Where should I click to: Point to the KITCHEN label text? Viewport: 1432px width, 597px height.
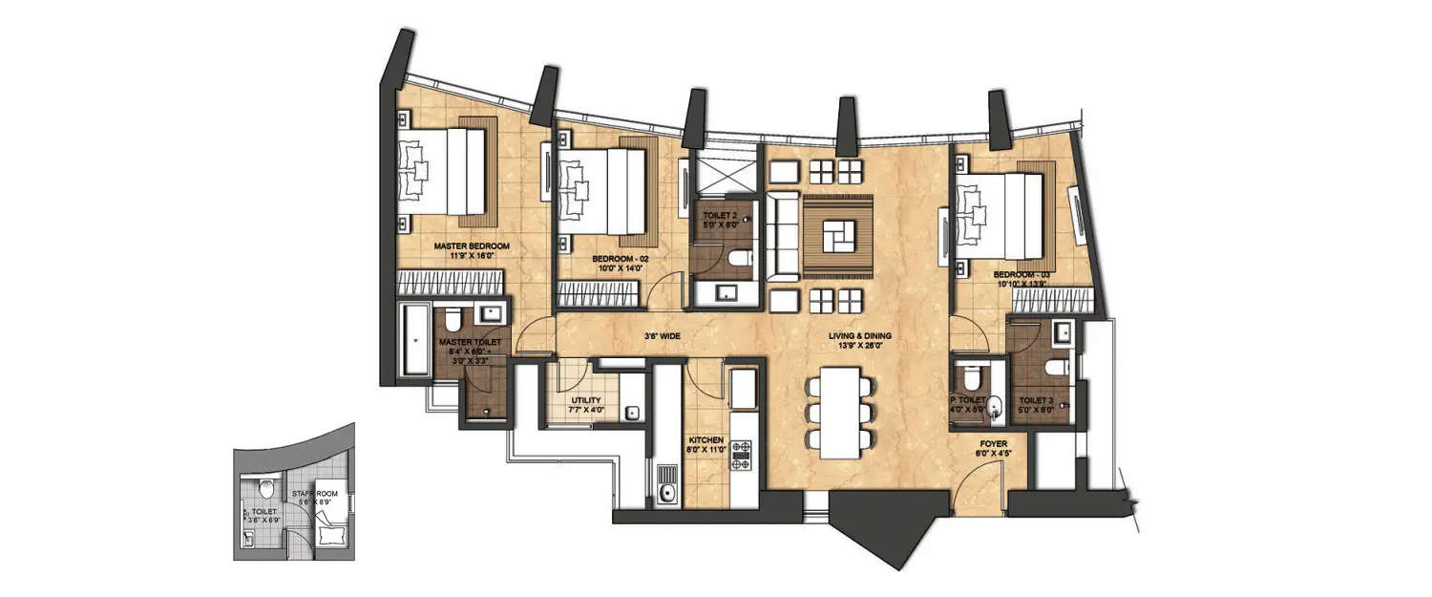pyautogui.click(x=706, y=443)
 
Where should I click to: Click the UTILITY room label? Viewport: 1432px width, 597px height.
pyautogui.click(x=585, y=401)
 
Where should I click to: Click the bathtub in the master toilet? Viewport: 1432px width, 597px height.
pyautogui.click(x=415, y=339)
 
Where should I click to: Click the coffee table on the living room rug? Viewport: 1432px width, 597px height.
pyautogui.click(x=837, y=234)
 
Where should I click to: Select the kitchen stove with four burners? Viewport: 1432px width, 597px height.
pyautogui.click(x=742, y=456)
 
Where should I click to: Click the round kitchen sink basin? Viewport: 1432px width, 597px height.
pyautogui.click(x=667, y=493)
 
